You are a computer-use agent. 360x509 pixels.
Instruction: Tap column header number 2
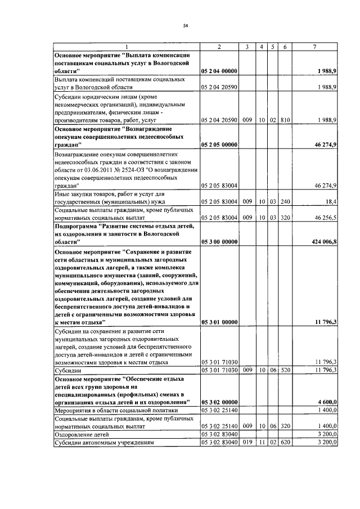click(218, 46)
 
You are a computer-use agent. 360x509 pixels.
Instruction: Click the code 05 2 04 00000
click(219, 71)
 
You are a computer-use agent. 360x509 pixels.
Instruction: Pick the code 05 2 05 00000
click(219, 145)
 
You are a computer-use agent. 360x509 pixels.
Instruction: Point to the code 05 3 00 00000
click(219, 241)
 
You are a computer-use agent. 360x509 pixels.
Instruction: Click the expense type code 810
click(285, 120)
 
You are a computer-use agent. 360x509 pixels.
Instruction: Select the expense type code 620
click(285, 443)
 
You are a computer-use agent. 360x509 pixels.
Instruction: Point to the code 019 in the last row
click(246, 443)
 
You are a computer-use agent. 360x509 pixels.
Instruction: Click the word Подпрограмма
click(77, 226)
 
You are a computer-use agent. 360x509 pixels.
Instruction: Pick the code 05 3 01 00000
click(219, 322)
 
